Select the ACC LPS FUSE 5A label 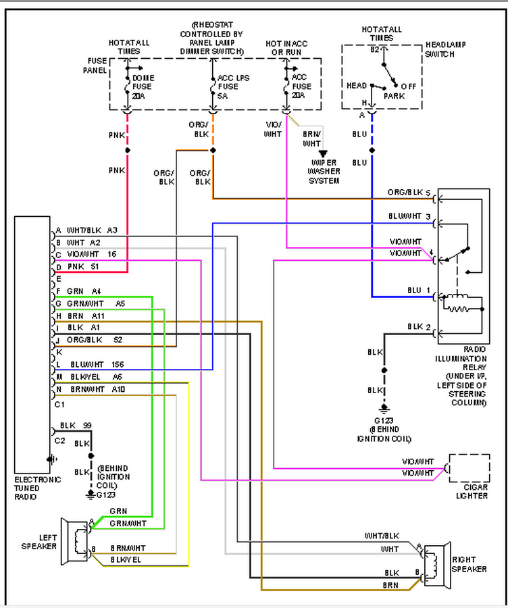(233, 86)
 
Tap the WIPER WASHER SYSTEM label (324, 172)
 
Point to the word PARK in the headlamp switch (394, 97)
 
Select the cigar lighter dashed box (469, 468)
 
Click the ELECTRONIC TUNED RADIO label (37, 488)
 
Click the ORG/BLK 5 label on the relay (409, 193)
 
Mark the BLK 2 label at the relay (418, 327)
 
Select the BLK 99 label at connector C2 (76, 425)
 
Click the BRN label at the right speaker (391, 584)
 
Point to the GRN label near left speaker (118, 511)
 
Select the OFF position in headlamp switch (409, 86)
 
